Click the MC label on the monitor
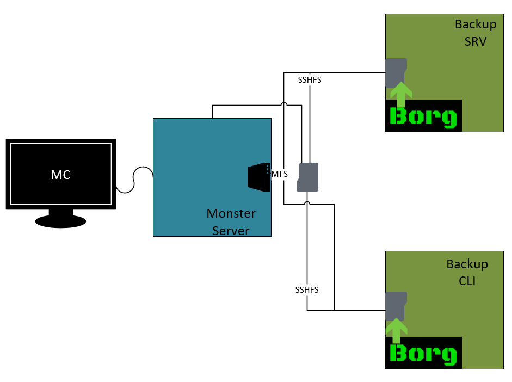[61, 175]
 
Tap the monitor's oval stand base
[60, 221]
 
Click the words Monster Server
[231, 221]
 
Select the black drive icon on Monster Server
[259, 177]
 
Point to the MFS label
[280, 174]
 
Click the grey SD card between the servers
[308, 177]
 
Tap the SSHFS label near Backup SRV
[310, 80]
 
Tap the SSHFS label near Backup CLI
[307, 290]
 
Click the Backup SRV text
[475, 33]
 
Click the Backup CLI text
[467, 272]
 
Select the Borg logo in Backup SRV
[423, 116]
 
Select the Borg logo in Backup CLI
[423, 354]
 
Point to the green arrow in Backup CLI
[397, 330]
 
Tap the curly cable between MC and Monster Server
[134, 180]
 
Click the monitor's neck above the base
[60, 212]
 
